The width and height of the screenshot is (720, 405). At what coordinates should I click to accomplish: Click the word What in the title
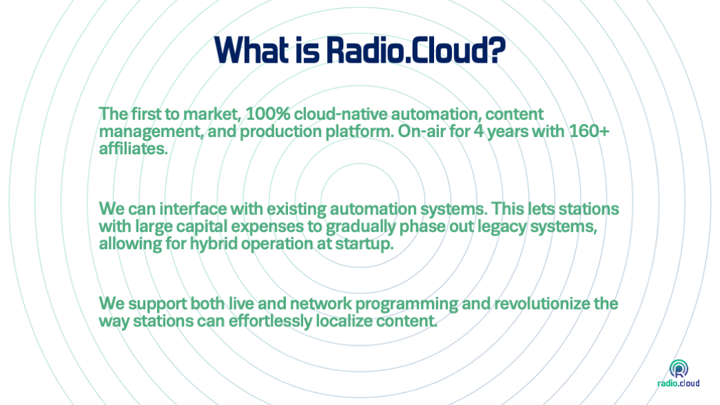[251, 50]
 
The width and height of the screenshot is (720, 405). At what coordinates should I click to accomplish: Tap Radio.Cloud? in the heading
[416, 50]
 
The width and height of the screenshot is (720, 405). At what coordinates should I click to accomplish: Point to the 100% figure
[268, 114]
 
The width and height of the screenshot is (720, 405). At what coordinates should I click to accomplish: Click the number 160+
[589, 132]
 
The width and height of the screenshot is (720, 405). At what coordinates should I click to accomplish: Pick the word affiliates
[133, 148]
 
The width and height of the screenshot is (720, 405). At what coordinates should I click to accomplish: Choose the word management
[151, 132]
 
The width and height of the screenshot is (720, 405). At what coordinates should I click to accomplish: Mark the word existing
[296, 209]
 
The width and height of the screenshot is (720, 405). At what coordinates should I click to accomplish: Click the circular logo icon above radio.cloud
[679, 368]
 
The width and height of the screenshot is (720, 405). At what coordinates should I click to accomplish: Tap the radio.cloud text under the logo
[678, 383]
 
